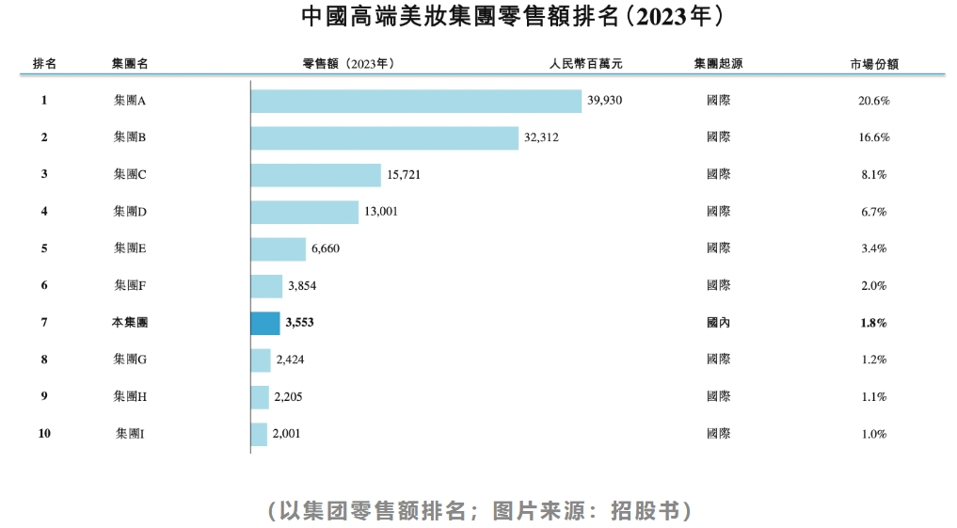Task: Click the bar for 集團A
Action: [416, 101]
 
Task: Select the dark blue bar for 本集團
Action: [265, 323]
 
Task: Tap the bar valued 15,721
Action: [316, 175]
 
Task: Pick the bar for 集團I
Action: [259, 434]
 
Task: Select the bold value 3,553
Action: [299, 323]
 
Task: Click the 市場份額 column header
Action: [873, 64]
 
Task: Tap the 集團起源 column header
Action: [718, 64]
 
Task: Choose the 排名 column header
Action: [44, 64]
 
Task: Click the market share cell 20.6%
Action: [873, 101]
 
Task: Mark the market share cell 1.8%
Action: [873, 323]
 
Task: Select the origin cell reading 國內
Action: [718, 323]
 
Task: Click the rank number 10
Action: [44, 434]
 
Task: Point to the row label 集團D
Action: [130, 212]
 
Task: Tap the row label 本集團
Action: [130, 323]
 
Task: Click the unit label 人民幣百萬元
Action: [586, 64]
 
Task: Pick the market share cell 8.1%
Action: [873, 175]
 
